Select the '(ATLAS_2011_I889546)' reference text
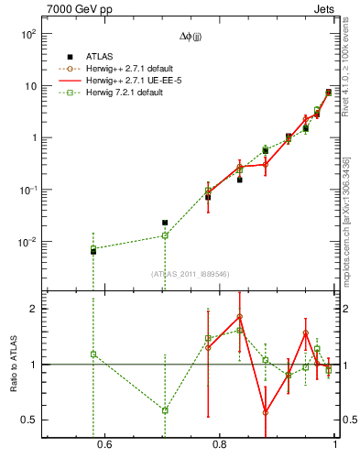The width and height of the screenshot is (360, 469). (190, 273)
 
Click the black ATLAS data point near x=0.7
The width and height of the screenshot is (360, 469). (165, 223)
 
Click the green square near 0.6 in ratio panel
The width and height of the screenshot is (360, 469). (93, 354)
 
